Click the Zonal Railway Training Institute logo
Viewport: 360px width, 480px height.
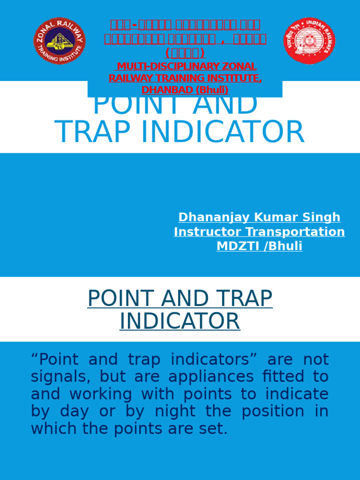point(60,41)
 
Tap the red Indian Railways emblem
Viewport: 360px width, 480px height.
point(309,41)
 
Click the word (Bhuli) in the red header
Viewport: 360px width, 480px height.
point(212,90)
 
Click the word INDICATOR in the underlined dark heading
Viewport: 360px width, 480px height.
point(180,322)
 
